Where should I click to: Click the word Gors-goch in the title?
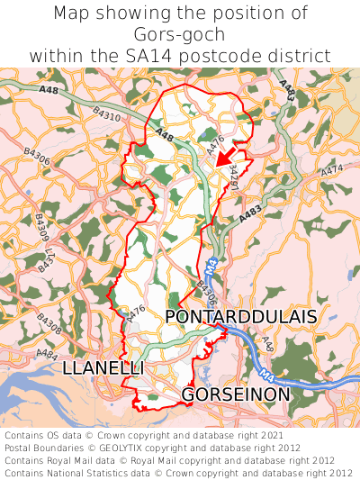pos(180,35)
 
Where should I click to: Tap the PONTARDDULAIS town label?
pos(241,317)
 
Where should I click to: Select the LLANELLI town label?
pos(103,369)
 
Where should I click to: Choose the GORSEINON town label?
pos(236,394)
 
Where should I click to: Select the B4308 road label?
pos(49,324)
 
